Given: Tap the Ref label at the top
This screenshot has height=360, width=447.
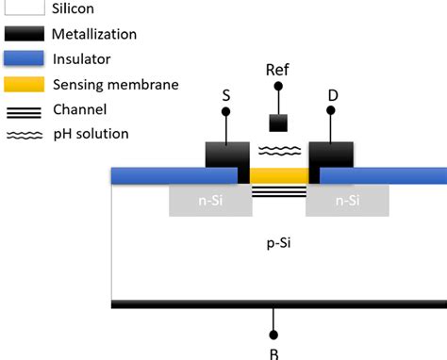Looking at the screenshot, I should pos(277,70).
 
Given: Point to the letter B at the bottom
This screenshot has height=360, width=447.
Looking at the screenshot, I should pos(274,354).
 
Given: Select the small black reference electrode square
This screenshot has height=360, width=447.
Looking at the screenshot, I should pos(278,123).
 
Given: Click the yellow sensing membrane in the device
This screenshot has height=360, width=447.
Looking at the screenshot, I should pos(279,175).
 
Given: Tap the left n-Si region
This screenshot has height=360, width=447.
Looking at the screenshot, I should pos(204,200).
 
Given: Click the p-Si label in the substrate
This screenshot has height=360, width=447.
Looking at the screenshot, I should pos(279,242).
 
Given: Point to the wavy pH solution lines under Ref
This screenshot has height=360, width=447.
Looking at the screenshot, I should pos(278,150).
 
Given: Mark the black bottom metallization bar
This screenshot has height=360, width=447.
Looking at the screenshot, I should pos(279,304).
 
